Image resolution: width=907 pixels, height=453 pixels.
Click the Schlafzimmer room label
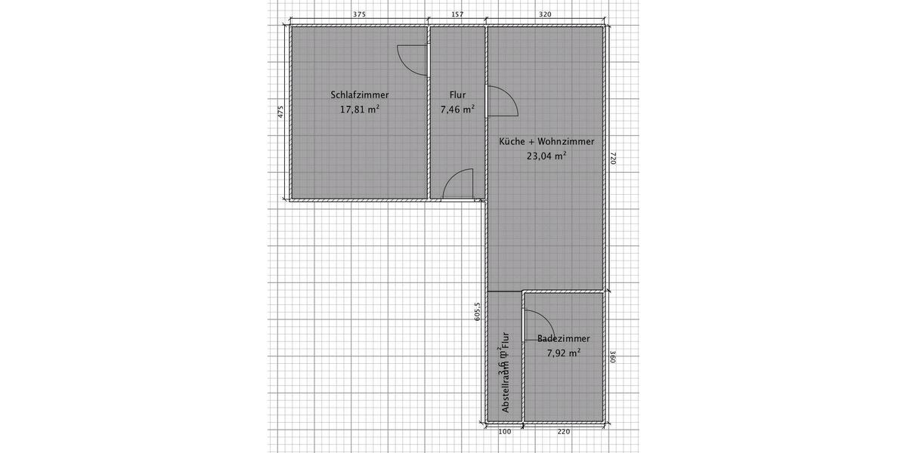360,95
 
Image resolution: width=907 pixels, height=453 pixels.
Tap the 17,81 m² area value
360,109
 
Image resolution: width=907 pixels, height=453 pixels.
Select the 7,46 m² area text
457,109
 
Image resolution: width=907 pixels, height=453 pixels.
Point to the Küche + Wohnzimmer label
546,142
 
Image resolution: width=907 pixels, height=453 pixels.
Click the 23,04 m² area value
546,157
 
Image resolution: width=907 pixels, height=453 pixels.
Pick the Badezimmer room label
564,339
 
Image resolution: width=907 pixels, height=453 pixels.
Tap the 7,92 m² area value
564,353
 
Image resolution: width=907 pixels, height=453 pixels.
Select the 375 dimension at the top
360,14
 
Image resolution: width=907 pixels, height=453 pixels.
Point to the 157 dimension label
457,14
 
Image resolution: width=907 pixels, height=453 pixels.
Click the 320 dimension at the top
544,14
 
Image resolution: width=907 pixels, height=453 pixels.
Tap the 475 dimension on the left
280,112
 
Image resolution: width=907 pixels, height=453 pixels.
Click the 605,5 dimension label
477,313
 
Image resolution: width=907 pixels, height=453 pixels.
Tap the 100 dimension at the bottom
505,432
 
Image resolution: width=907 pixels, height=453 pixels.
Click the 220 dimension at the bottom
564,432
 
